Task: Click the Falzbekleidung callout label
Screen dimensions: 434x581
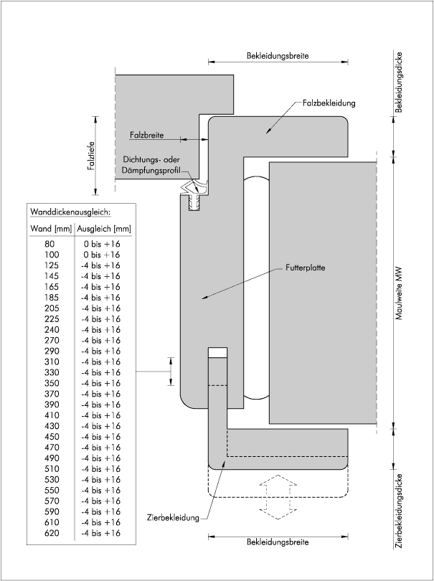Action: click(x=329, y=103)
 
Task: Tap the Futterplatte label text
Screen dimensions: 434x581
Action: click(x=306, y=268)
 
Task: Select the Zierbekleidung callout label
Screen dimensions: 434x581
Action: click(x=173, y=518)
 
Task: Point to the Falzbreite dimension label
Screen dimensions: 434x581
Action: click(x=146, y=135)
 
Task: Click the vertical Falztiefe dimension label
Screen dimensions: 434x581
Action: click(x=92, y=156)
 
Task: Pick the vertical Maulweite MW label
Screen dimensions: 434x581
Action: click(x=399, y=293)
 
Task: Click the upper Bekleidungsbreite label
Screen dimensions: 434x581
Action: click(x=278, y=55)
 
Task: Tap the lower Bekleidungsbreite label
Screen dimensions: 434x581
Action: click(x=278, y=542)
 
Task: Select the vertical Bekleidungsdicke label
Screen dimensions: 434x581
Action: click(x=399, y=82)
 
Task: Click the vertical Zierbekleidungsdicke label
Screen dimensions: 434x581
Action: click(x=399, y=511)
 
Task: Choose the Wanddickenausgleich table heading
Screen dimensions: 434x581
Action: click(x=70, y=212)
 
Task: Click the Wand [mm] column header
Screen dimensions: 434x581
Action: click(x=51, y=229)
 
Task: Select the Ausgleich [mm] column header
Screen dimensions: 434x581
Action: click(x=104, y=229)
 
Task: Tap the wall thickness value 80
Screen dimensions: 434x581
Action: click(x=50, y=244)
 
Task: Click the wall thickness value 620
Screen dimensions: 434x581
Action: click(x=52, y=533)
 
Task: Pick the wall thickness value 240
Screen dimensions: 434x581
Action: click(x=52, y=330)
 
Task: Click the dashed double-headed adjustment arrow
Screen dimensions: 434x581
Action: click(x=278, y=497)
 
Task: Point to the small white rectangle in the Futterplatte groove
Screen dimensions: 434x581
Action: click(x=217, y=352)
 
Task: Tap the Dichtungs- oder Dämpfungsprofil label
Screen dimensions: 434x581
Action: click(x=151, y=165)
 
